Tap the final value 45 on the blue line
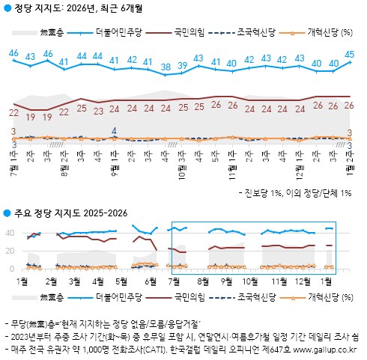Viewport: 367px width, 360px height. click(350, 53)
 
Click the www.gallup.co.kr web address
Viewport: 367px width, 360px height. click(323, 348)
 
